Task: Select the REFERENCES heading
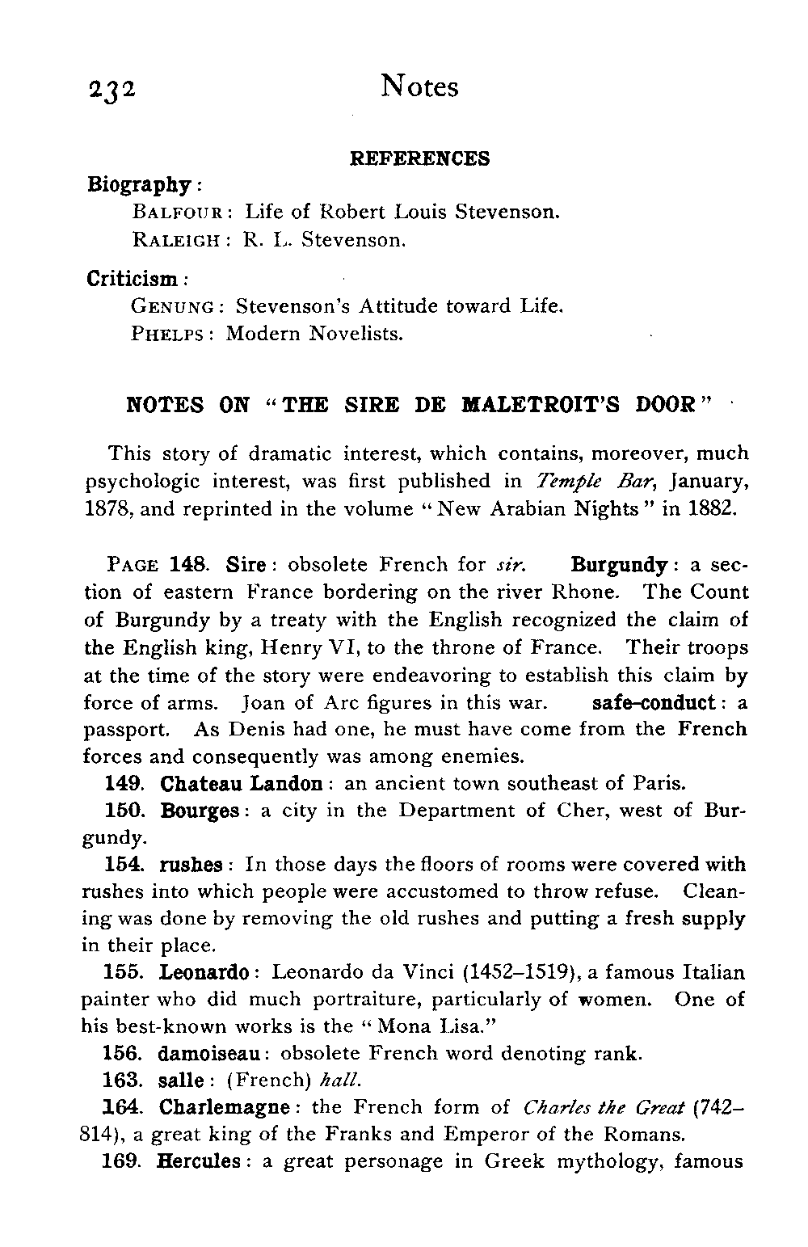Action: [x=419, y=158]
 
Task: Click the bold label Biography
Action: [x=138, y=185]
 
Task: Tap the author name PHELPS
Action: [x=167, y=334]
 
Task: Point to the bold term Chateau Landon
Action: [x=242, y=784]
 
